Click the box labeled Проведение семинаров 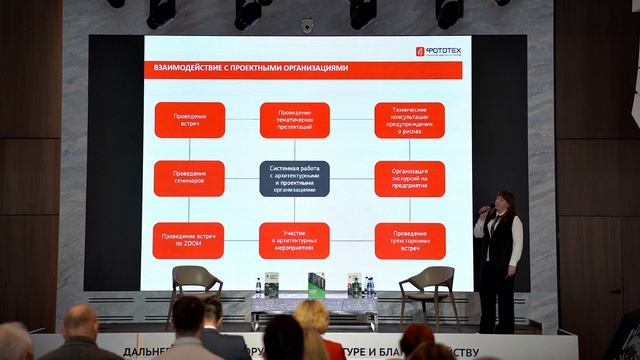189,179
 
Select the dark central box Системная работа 294,179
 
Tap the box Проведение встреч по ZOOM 188,240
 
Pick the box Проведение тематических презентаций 294,120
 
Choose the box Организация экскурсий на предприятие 410,179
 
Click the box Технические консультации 410,120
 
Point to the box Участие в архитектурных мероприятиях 294,240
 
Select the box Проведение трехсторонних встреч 410,240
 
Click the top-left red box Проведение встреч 189,120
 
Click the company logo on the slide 438,50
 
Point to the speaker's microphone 484,210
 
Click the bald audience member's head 80,322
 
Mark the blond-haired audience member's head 311,317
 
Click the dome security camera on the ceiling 307,25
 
